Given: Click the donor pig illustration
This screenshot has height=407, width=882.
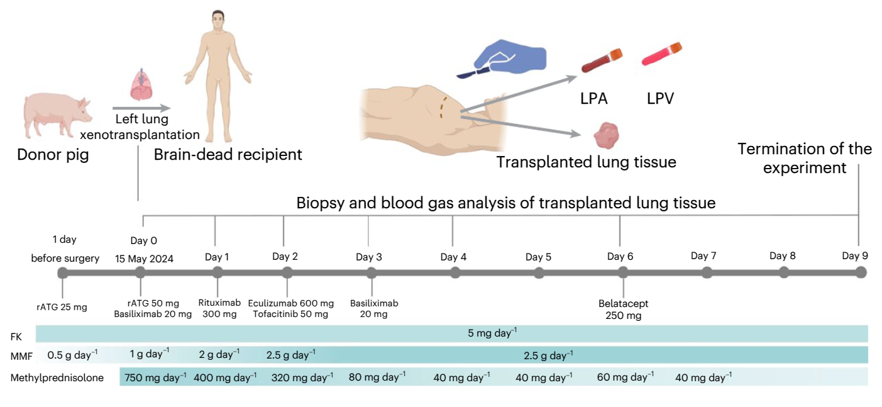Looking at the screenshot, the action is point(57,116).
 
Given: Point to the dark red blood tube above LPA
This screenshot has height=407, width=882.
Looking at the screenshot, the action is point(602,60).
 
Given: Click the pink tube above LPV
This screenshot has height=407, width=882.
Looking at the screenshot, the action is point(661,53).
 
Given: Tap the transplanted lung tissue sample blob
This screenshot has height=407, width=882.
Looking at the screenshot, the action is point(607,135).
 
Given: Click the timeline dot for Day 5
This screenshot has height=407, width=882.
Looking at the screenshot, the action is point(539,272).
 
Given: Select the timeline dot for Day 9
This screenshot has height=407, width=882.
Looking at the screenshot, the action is point(861,272).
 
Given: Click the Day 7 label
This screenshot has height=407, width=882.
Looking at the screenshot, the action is point(703,255).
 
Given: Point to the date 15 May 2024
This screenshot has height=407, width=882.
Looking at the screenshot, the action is point(144,259).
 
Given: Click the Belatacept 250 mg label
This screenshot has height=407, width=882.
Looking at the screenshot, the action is point(623,309).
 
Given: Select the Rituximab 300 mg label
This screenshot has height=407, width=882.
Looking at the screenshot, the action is point(219,308).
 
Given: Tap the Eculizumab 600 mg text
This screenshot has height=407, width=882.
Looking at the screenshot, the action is point(291,303).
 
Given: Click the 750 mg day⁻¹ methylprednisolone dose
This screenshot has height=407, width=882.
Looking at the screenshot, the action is point(155,377).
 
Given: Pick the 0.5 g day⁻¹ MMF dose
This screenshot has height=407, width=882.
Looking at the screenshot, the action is point(72,355).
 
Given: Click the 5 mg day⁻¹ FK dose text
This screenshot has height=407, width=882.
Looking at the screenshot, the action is point(492,333).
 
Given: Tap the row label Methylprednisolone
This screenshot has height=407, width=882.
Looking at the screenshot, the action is point(57,377).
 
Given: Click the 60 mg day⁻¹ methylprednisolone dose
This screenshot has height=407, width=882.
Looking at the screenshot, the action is point(626,377).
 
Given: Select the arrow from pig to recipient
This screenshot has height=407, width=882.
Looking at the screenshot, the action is point(141,108).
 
